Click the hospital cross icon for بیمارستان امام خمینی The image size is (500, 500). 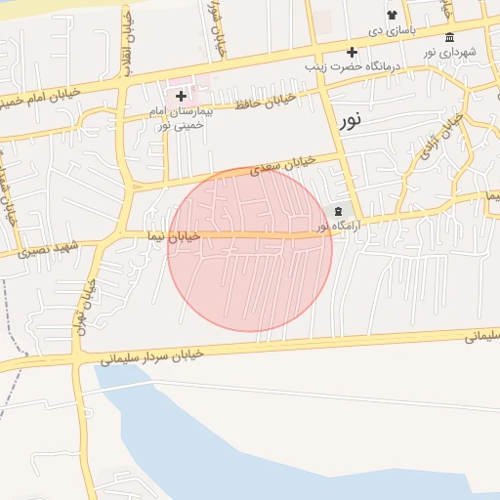181,96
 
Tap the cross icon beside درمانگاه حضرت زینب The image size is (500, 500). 352,52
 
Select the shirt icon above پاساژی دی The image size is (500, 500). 392,16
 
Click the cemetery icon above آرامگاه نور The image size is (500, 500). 339,211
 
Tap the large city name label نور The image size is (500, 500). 351,121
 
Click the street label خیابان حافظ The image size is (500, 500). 265,100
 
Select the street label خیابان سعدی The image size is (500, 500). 284,167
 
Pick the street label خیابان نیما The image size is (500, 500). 173,235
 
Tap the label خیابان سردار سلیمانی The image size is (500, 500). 151,356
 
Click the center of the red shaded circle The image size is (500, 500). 250,250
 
